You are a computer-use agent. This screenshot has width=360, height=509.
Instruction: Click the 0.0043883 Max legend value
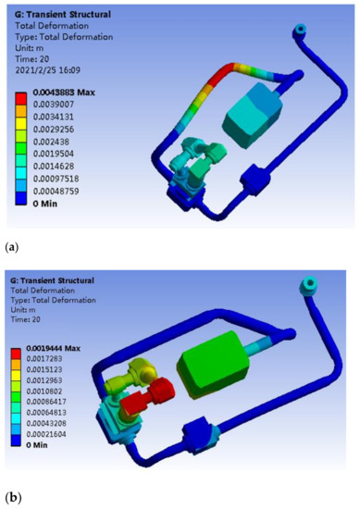pyautogui.click(x=66, y=94)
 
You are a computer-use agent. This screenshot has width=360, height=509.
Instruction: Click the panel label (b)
pyautogui.click(x=11, y=497)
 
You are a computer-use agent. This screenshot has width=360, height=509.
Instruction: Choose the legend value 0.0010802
pyautogui.click(x=60, y=403)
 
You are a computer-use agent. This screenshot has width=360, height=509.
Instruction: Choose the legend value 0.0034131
pyautogui.click(x=60, y=118)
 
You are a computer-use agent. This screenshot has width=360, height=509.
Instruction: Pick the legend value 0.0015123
pyautogui.click(x=60, y=378)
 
